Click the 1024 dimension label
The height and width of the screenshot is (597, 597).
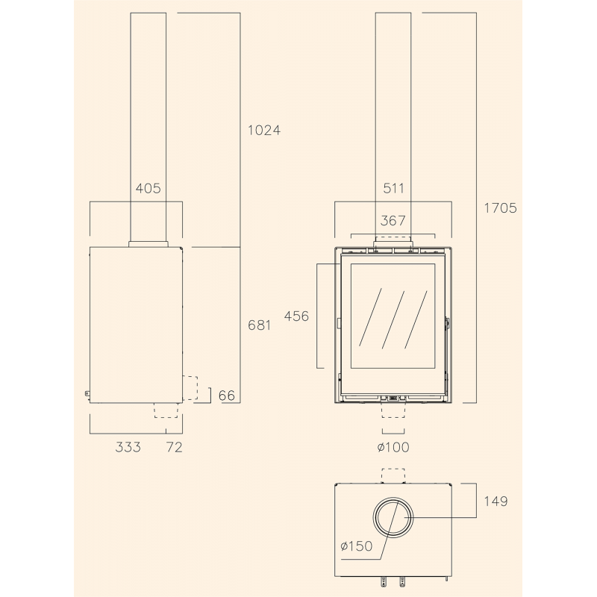264,130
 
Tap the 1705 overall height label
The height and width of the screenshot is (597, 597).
500,208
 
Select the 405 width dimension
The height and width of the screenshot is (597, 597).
148,188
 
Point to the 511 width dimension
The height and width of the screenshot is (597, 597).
393,188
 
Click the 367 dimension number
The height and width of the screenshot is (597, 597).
393,220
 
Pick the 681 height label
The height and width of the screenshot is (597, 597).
259,325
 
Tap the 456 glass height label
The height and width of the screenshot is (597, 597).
296,316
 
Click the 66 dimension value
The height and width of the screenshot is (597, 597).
227,396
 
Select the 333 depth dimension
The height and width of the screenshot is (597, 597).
128,447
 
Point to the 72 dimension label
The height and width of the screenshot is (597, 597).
175,447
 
